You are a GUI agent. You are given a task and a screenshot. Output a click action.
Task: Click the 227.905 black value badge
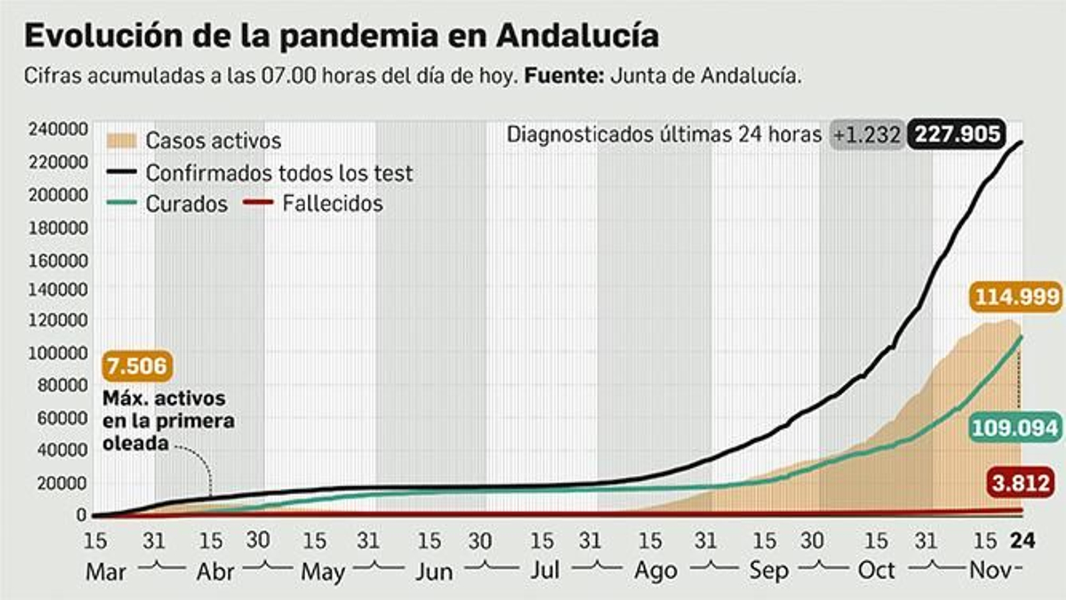click(x=957, y=134)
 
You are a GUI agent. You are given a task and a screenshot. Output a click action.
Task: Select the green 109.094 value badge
click(x=1015, y=427)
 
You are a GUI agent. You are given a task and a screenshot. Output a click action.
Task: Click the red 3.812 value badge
click(x=1021, y=482)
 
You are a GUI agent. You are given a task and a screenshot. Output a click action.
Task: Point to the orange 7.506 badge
click(x=137, y=366)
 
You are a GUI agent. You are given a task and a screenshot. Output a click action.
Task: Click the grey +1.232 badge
click(x=866, y=135)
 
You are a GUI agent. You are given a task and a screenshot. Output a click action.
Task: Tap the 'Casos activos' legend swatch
click(x=121, y=141)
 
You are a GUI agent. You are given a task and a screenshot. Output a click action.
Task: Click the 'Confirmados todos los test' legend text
click(x=279, y=173)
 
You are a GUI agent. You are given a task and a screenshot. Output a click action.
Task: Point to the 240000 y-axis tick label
click(x=58, y=129)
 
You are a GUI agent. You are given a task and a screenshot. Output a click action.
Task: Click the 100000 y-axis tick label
click(x=58, y=353)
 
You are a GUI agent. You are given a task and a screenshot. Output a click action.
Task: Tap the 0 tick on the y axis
click(x=81, y=515)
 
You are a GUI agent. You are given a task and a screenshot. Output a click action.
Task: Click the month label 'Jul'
click(x=544, y=571)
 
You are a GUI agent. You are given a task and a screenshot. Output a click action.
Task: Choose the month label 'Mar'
click(x=105, y=571)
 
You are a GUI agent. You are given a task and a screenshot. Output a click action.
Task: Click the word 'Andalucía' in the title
click(x=577, y=36)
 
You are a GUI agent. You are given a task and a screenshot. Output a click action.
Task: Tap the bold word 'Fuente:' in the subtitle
click(x=564, y=76)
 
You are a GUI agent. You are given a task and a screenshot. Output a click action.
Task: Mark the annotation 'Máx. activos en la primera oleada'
click(x=168, y=421)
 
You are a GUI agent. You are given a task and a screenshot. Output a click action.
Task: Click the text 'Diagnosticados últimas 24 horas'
click(x=664, y=135)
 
